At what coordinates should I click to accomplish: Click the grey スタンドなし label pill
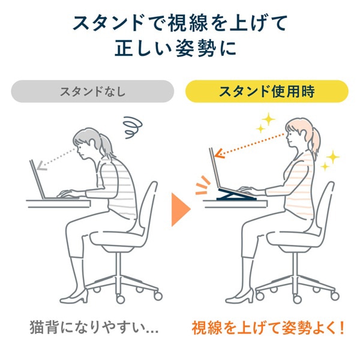(92, 92)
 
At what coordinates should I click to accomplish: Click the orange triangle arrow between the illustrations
(180, 209)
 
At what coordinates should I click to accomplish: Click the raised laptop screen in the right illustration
(218, 171)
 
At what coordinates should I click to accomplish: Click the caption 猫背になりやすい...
(92, 328)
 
